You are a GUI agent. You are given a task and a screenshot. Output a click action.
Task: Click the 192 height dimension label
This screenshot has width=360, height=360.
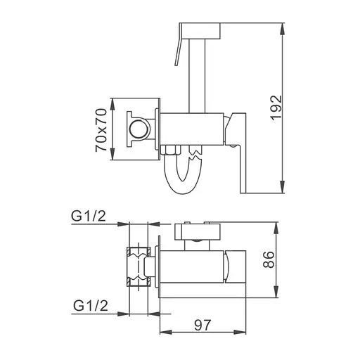point(276,108)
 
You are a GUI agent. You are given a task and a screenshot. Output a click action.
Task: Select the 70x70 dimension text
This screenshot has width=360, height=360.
point(101,130)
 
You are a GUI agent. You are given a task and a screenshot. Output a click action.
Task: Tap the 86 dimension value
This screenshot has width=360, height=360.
point(269,259)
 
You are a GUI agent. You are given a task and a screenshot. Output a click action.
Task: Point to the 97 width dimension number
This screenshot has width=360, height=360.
point(202,325)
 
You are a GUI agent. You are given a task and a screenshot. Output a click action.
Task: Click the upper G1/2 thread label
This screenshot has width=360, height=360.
point(89,217)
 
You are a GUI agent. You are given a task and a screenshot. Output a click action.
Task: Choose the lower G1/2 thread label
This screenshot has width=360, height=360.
point(91,305)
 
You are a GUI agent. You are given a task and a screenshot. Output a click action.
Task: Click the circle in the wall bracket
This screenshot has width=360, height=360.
point(139,129)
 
